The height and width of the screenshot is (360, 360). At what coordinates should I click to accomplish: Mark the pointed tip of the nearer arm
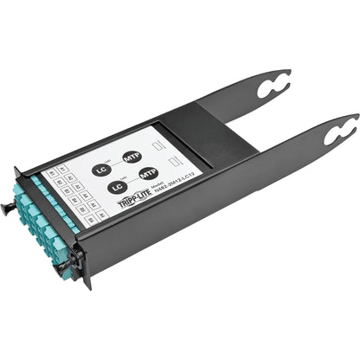tap(356, 116)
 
